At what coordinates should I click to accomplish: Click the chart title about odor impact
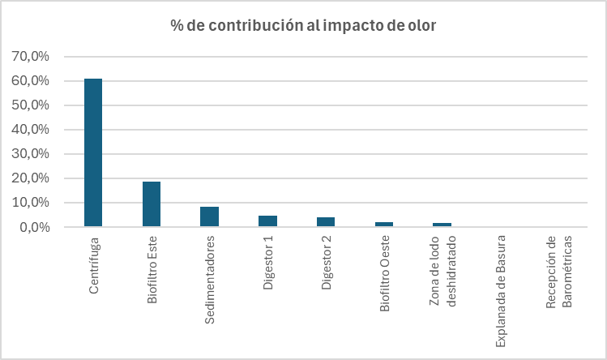pos(303,26)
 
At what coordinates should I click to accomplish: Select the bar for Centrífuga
pos(93,152)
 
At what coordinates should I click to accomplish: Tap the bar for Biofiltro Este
pos(152,204)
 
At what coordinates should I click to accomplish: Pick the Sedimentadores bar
pos(209,216)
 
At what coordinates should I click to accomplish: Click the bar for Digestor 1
pos(268,221)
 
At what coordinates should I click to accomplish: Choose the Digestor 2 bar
pos(326,221)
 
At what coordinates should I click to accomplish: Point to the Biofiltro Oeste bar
pos(384,225)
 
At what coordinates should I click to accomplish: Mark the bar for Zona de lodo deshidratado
pos(442,225)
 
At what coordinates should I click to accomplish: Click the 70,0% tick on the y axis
pos(30,57)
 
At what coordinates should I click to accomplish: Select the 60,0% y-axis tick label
pos(30,81)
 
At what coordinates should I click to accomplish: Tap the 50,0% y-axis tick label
pos(30,105)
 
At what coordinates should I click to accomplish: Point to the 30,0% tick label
pos(30,154)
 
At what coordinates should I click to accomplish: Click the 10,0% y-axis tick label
pos(30,203)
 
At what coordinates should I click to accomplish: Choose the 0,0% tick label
pos(35,227)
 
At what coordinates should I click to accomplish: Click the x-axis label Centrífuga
pos(94,265)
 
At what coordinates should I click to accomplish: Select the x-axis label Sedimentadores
pos(209,280)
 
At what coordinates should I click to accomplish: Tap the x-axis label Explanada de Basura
pos(501,291)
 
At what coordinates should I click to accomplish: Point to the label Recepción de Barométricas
pos(559,272)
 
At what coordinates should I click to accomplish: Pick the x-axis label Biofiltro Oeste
pos(384,273)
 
